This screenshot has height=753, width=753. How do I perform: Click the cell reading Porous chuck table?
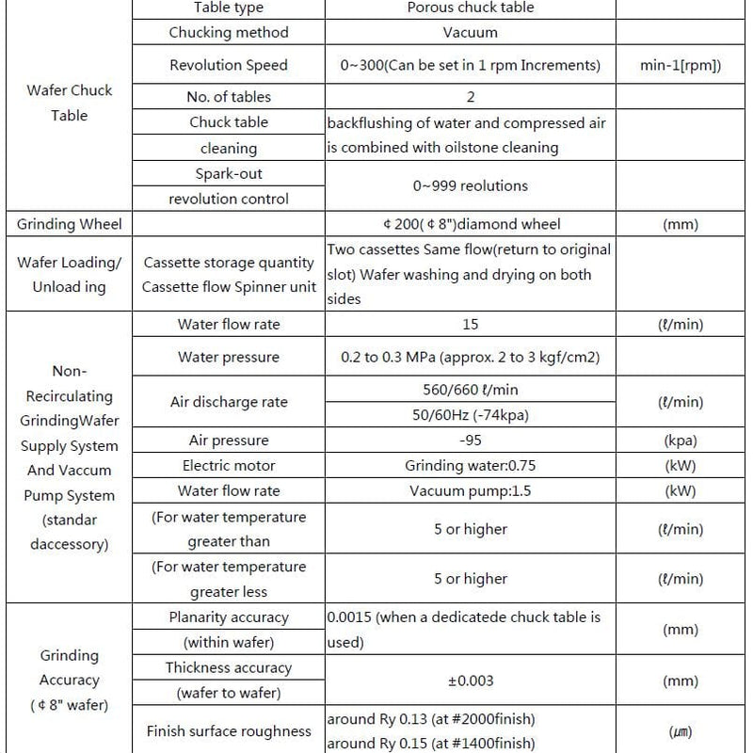[x=471, y=8]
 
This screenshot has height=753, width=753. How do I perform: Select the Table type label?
[x=229, y=8]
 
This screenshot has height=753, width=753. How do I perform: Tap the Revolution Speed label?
[x=229, y=65]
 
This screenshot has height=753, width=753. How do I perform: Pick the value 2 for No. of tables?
[x=471, y=97]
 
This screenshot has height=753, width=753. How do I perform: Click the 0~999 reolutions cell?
[x=471, y=185]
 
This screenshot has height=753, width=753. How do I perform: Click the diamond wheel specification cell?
[x=471, y=224]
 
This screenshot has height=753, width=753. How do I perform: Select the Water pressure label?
[x=229, y=358]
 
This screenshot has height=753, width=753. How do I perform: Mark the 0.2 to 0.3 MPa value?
[x=471, y=358]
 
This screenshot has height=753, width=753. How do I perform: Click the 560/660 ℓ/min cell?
[x=471, y=389]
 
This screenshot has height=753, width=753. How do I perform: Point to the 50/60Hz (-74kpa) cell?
[x=471, y=415]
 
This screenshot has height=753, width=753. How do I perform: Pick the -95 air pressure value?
[x=471, y=441]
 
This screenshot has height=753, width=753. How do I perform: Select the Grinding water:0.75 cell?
[x=471, y=466]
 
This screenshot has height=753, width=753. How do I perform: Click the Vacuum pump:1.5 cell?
[x=471, y=490]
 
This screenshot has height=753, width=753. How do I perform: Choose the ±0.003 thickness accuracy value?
[x=471, y=681]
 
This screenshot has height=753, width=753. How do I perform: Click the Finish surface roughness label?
[x=229, y=731]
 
